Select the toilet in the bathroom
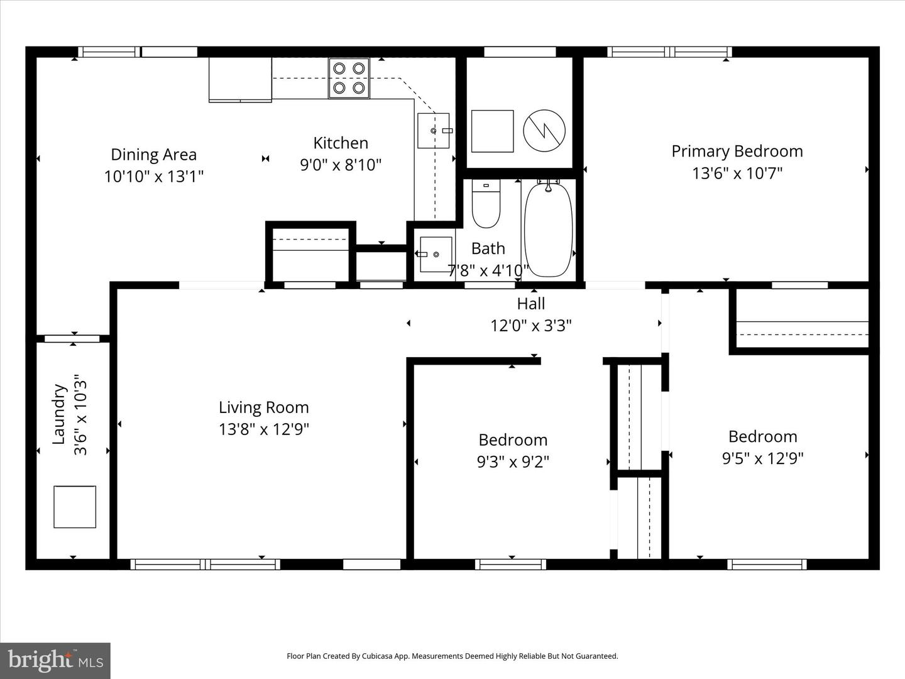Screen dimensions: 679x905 coord(486,205)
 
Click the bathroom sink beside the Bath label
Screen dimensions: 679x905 coord(436,254)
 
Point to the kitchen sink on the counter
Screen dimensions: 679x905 coord(434,130)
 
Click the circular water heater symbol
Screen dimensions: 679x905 coord(544,131)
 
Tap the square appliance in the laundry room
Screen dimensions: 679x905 coord(75,507)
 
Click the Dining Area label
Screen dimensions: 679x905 coord(153,155)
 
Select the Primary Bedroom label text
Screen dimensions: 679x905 coord(737,152)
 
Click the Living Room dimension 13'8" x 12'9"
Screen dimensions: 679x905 coord(264,429)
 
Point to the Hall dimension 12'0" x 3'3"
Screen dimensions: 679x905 coord(531,326)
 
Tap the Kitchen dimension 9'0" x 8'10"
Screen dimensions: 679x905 coord(341,165)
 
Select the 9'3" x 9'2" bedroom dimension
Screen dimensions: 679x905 coord(513,462)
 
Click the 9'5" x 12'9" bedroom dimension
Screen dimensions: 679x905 coord(762,458)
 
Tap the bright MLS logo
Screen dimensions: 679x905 coord(55,660)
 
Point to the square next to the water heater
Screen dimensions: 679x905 coord(492,131)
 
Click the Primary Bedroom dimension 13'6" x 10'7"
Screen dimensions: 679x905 coord(737,173)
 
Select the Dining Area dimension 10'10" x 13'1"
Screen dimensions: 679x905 coord(153,177)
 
